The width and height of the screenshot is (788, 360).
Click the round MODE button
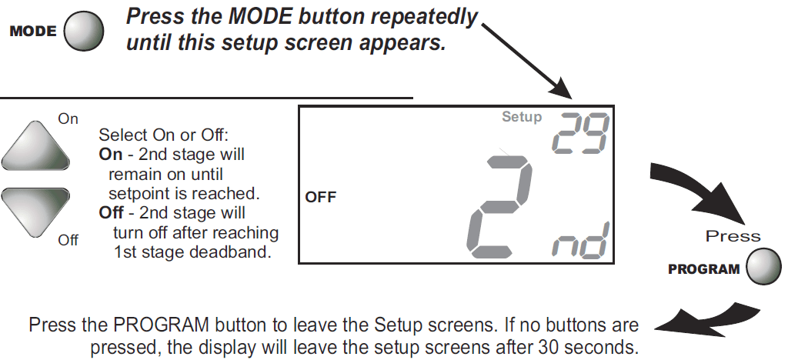click(84, 31)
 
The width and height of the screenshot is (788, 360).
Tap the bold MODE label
click(33, 31)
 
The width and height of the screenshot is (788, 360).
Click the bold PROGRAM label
click(703, 269)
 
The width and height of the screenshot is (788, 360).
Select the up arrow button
click(35, 145)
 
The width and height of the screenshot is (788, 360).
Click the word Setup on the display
click(522, 118)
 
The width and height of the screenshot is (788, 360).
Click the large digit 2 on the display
click(499, 206)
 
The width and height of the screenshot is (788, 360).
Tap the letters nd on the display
click(580, 241)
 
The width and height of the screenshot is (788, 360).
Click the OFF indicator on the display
click(320, 198)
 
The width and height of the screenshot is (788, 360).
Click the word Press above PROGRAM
click(733, 236)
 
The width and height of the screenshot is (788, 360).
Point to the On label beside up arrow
click(68, 119)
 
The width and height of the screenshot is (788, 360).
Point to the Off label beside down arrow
click(68, 240)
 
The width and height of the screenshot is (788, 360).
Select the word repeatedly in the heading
click(423, 18)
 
